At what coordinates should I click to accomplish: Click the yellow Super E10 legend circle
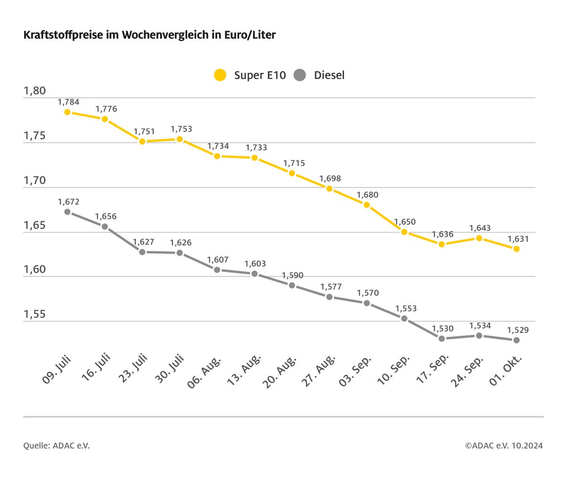[220, 75]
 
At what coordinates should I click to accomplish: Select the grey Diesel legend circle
[300, 75]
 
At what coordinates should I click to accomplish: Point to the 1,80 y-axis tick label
[35, 91]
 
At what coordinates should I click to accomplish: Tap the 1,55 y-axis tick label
[35, 315]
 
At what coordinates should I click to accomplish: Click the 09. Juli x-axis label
[57, 369]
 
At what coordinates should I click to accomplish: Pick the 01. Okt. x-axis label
[505, 370]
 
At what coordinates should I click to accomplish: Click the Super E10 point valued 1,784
[68, 112]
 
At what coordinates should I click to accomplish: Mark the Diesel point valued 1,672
[68, 212]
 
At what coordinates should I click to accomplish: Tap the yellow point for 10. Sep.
[404, 232]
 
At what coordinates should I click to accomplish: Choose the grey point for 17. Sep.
[442, 339]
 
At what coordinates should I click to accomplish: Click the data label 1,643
[480, 228]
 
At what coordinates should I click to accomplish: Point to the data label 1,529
[518, 330]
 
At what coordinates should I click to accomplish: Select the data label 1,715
[294, 163]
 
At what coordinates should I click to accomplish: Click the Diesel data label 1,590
[292, 275]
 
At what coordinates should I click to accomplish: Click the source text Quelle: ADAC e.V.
[56, 446]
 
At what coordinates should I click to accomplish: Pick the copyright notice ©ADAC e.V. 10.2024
[504, 446]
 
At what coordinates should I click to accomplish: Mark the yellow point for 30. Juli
[180, 140]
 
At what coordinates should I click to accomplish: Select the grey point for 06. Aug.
[217, 270]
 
